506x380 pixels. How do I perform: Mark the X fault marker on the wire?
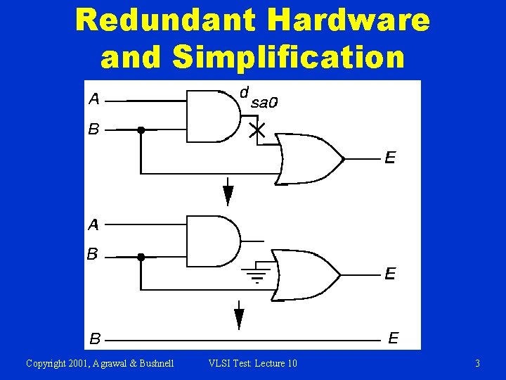(x=258, y=130)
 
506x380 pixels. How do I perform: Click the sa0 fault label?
(x=265, y=103)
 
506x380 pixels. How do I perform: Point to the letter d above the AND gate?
(x=244, y=92)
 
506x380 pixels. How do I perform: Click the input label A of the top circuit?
(x=94, y=99)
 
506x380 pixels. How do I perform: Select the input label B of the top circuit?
(x=93, y=129)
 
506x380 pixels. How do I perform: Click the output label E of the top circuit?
(x=389, y=158)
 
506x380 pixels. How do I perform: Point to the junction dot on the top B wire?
(x=141, y=129)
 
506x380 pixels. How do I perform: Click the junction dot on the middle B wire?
(x=141, y=258)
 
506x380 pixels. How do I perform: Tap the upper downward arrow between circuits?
(x=228, y=192)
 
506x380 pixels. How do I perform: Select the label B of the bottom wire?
(x=94, y=339)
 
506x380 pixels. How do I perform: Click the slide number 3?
(x=477, y=363)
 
